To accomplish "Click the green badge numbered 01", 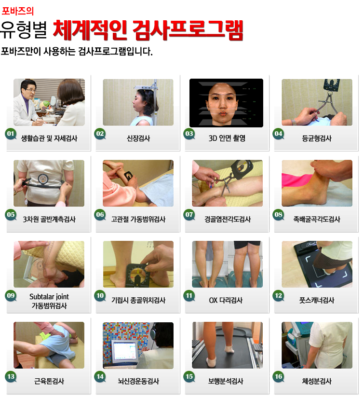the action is point(11,134).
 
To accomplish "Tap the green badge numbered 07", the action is point(189,215).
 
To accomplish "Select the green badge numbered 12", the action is point(278,296).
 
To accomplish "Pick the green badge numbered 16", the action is point(278,376).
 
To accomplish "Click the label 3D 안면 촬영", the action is point(227,138).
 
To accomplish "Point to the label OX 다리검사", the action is point(226,300).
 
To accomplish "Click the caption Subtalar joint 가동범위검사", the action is point(49,301).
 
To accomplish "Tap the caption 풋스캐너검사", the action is point(317,300).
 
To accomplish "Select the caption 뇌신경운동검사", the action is point(138,381).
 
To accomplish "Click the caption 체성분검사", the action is point(317,381).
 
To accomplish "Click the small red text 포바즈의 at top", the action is point(18,11).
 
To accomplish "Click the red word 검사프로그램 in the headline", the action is point(188,30).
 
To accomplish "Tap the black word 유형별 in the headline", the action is point(24,30).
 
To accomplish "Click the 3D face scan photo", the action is point(227,103).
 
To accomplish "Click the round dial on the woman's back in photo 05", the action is point(42,179).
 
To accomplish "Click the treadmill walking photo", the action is point(228,345).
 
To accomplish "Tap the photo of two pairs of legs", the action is point(228,264).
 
